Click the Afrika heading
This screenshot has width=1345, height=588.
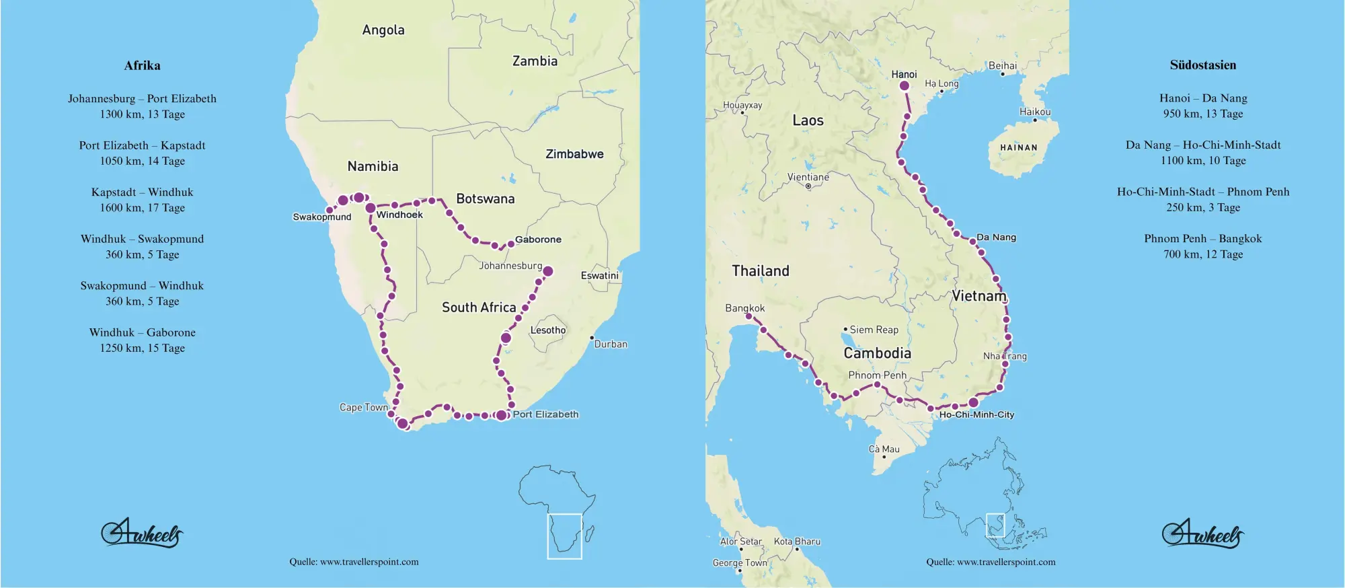142,65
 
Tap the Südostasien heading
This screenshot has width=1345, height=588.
1202,65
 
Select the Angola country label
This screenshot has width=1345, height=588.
383,30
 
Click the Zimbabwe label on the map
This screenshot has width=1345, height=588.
574,154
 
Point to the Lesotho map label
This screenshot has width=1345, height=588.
547,330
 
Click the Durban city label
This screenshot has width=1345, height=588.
611,344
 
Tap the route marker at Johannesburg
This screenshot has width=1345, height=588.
548,271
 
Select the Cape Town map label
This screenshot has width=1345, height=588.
364,407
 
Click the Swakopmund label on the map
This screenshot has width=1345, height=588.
322,217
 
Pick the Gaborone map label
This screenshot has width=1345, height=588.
538,240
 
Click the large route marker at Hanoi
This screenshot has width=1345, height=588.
905,85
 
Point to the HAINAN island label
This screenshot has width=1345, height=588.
1018,147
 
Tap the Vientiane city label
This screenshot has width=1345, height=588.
808,177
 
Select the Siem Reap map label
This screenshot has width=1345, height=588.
874,330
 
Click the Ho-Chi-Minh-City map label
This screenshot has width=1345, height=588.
976,414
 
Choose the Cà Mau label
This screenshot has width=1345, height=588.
884,449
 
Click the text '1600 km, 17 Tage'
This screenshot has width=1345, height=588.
142,208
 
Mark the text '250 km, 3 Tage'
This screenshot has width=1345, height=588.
1202,207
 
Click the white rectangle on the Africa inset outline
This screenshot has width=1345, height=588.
564,536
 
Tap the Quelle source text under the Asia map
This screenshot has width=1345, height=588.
991,562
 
